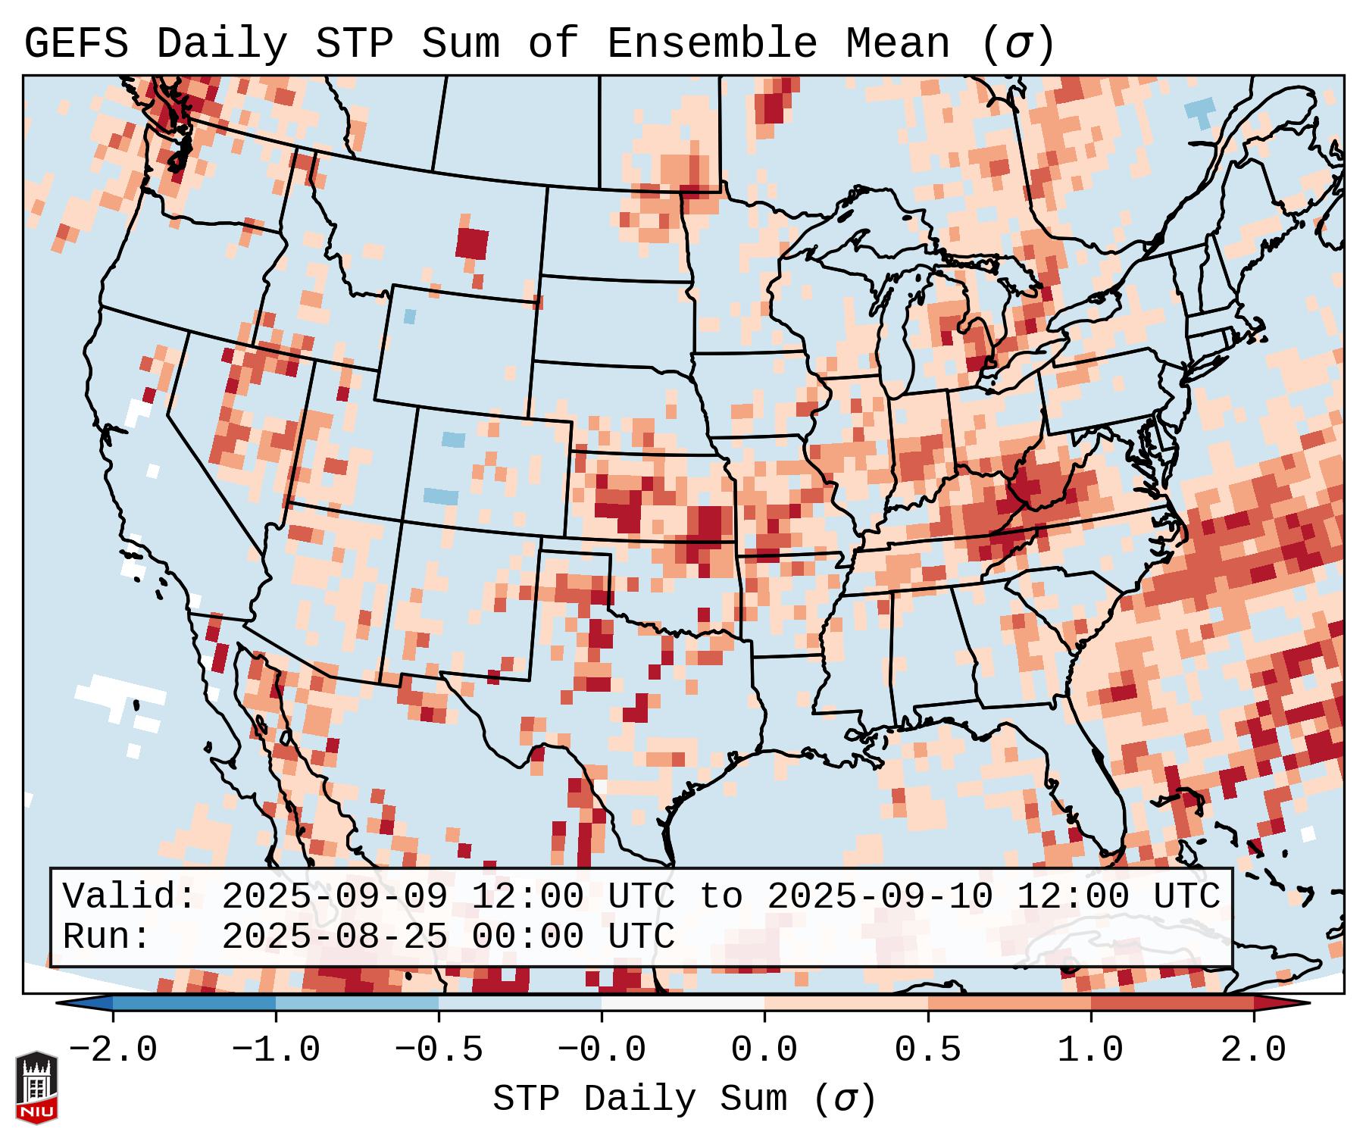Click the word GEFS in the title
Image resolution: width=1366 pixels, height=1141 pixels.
point(76,44)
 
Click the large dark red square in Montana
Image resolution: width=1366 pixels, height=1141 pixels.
point(472,244)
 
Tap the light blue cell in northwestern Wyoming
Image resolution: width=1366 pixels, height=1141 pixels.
point(410,316)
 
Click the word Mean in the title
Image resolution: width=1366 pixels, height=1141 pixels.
point(897,44)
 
